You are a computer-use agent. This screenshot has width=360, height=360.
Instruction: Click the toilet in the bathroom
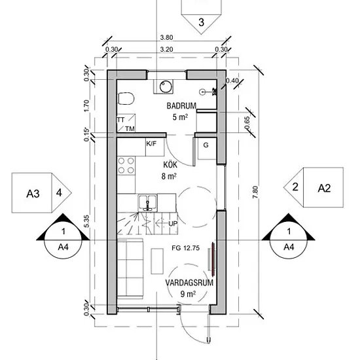click(126, 98)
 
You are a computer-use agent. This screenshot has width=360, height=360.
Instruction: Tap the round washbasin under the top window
click(166, 86)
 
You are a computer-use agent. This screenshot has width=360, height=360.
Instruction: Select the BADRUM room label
click(181, 106)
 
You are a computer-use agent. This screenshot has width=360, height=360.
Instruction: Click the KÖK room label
click(170, 164)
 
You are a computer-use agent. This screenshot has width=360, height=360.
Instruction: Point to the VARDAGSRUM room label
click(189, 283)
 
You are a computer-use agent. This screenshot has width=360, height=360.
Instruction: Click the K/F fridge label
click(151, 144)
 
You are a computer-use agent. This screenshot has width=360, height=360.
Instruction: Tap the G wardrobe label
click(206, 145)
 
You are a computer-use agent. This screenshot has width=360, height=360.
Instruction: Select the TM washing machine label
click(130, 129)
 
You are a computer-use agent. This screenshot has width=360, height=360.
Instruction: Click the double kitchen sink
click(148, 203)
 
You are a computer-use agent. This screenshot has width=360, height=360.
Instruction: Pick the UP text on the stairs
click(173, 224)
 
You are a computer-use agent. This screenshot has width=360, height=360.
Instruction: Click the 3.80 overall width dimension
click(166, 37)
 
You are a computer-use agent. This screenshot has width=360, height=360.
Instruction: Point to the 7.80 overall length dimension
click(255, 192)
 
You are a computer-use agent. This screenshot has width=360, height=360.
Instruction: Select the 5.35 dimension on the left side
click(86, 221)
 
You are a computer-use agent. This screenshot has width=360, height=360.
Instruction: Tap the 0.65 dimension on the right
click(247, 122)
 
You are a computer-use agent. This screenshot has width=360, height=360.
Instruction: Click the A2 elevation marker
click(314, 188)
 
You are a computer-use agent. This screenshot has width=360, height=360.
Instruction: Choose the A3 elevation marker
click(41, 193)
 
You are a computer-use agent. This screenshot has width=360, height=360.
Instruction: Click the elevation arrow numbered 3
click(202, 17)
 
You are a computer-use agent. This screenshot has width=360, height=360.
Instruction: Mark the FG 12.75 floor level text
click(185, 248)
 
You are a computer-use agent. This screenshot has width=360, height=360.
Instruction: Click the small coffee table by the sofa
click(157, 261)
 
